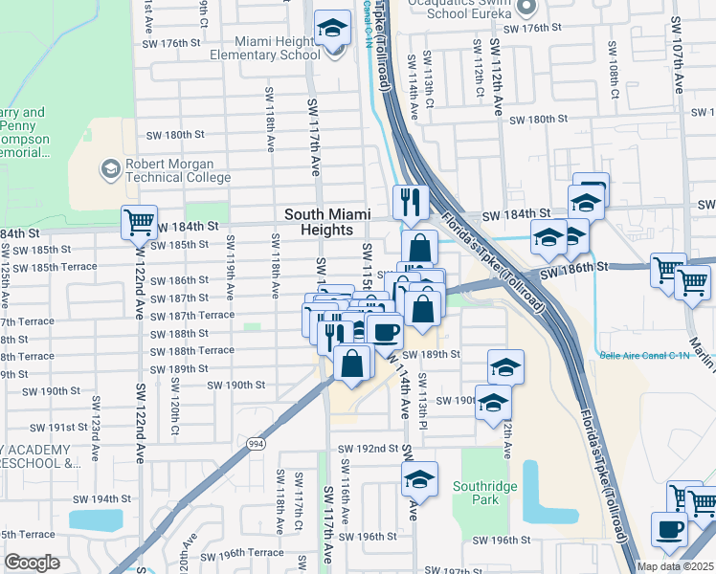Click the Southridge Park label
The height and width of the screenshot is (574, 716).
tap(486, 493)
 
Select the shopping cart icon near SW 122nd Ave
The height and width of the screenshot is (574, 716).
tap(139, 222)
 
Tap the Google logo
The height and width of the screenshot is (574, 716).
tap(32, 563)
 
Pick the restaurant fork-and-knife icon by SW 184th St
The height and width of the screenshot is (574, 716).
tap(409, 201)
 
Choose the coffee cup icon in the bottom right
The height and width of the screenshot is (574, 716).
tap(669, 528)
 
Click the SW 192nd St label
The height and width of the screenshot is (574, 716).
tap(367, 448)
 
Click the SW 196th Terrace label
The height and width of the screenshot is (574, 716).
tap(249, 552)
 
